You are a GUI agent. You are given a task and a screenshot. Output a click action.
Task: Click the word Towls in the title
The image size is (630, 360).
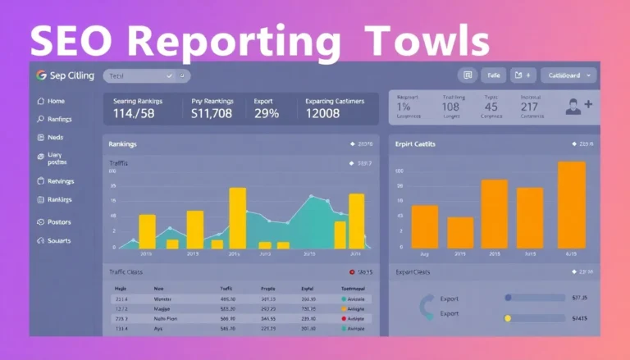[x=427, y=40]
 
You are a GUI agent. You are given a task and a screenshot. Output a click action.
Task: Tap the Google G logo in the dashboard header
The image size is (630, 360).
[x=40, y=75]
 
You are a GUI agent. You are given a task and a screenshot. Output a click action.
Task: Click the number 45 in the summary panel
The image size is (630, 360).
[x=491, y=107]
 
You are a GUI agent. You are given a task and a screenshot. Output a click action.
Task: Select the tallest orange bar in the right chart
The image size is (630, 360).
[x=571, y=204]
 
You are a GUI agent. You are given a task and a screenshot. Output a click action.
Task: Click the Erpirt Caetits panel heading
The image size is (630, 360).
[x=414, y=144]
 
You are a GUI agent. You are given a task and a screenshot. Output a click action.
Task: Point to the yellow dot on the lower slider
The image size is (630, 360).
[x=508, y=317]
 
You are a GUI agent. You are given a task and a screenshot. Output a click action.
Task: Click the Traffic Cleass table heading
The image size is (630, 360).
[x=126, y=271]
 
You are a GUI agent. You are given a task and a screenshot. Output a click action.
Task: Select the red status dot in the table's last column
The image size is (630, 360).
[x=344, y=299]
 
